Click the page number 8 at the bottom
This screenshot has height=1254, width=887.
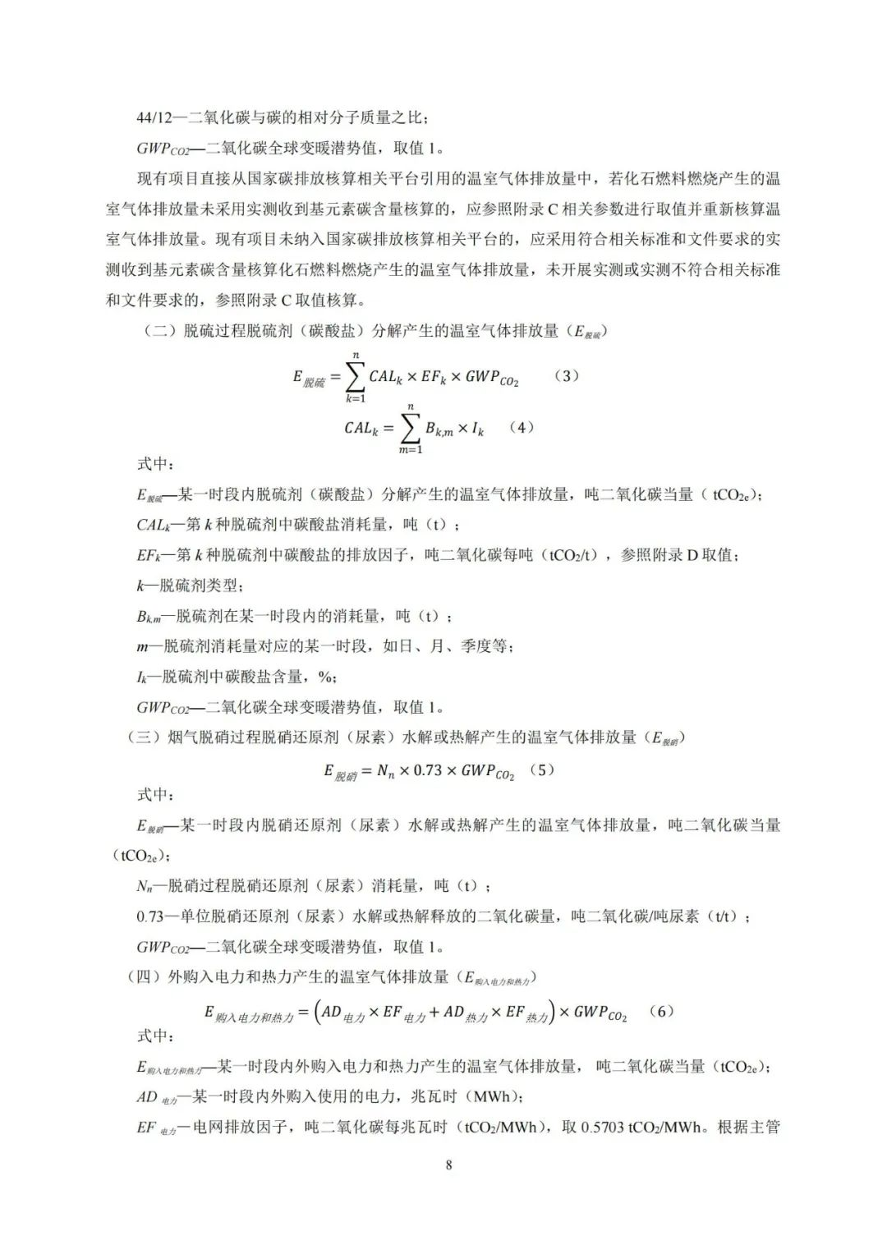448,1164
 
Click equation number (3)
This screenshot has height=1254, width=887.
567,375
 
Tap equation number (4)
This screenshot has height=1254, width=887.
522,427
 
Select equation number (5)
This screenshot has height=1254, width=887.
543,770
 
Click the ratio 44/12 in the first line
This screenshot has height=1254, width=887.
154,118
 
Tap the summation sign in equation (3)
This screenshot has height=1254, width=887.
355,377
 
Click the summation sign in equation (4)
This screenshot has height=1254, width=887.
410,429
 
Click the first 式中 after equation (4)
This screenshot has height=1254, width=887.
154,464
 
